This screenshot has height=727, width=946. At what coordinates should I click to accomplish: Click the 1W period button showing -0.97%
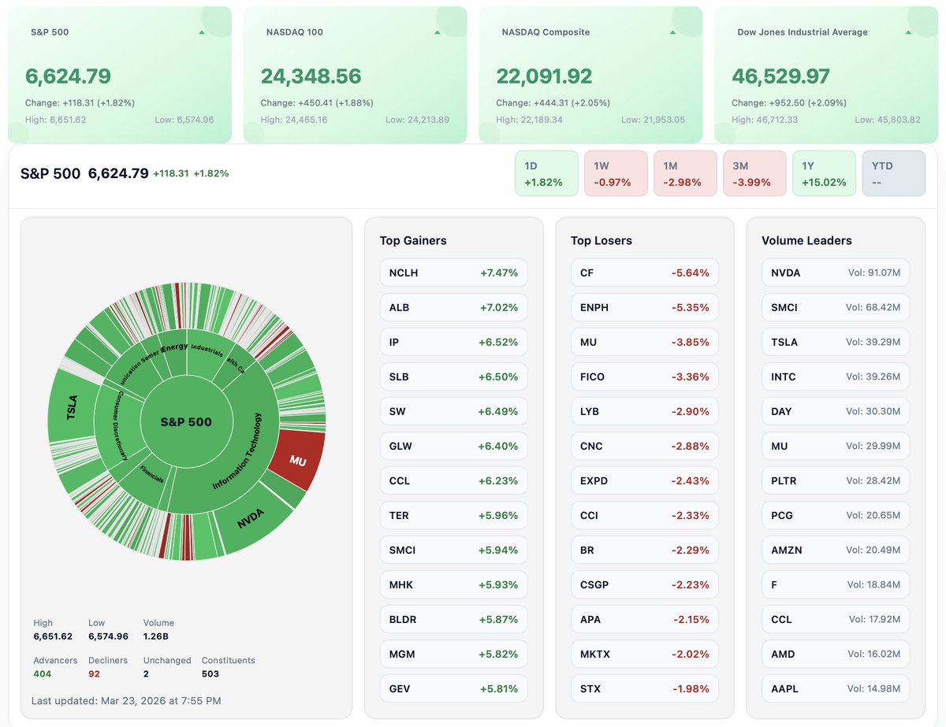click(616, 173)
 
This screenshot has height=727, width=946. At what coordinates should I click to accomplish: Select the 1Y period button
click(824, 173)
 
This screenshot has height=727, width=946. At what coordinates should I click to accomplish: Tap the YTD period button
click(893, 173)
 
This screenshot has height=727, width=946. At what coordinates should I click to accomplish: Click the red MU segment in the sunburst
click(296, 461)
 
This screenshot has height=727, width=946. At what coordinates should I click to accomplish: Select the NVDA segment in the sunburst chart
click(251, 519)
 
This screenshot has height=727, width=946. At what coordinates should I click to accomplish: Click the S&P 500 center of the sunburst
click(186, 422)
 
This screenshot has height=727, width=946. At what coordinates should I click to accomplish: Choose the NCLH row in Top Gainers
click(453, 273)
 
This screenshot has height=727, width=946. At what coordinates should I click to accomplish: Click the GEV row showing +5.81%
click(453, 688)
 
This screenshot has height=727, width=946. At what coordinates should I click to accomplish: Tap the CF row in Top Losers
click(644, 273)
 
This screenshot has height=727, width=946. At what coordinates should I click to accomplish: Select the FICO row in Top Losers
click(644, 376)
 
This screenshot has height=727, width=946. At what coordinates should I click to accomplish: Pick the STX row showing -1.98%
click(644, 688)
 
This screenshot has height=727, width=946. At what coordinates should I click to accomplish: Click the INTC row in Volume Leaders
click(835, 376)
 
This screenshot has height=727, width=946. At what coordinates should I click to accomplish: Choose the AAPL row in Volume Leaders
click(835, 688)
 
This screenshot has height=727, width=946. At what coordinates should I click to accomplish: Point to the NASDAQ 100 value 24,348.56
click(311, 76)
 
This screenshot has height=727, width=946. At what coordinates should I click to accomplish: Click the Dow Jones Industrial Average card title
click(802, 32)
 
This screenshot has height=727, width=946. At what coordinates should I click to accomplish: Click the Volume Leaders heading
click(806, 240)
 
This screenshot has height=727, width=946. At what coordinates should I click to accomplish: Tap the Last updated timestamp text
click(126, 700)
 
